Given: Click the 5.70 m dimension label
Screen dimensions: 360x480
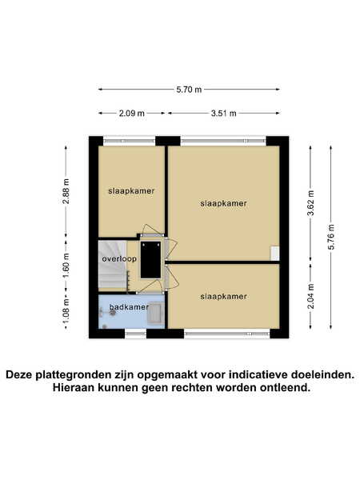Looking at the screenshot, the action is (x=189, y=90).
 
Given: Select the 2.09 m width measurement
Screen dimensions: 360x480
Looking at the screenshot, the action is (x=132, y=114).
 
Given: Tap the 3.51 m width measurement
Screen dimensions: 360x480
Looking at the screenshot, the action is (x=224, y=114).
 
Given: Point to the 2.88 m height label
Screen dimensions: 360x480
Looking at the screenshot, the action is (x=66, y=191).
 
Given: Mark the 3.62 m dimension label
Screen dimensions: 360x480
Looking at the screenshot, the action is (x=310, y=202).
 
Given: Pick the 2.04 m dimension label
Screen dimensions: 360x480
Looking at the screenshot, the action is (x=310, y=296).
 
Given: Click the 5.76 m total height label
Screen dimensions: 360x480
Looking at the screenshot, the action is (x=331, y=237).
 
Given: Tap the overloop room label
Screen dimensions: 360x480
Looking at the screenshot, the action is (x=119, y=259).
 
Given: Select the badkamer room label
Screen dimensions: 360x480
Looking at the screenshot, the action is (x=129, y=306).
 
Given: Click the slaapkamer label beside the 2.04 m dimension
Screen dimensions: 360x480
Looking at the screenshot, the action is (x=223, y=296).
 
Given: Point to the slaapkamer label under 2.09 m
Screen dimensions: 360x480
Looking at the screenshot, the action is (x=131, y=191).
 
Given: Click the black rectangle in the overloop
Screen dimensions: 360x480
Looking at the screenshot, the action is (x=150, y=259).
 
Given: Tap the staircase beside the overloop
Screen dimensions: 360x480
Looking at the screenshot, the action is (x=113, y=264).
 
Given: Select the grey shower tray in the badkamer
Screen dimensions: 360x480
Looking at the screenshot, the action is (x=156, y=313).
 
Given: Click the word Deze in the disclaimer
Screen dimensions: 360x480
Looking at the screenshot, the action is (x=20, y=374).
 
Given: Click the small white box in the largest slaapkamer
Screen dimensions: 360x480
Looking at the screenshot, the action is (x=275, y=254).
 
